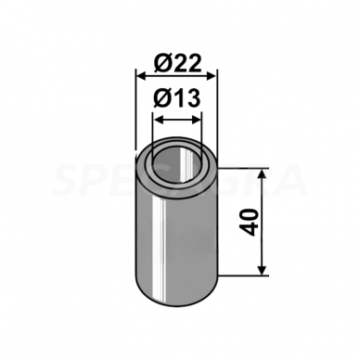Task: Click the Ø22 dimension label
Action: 176,63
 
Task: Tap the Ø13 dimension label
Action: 176,99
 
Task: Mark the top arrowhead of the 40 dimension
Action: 264,174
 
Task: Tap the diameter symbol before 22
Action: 161,63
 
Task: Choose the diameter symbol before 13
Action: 161,99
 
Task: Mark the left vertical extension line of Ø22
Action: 135,111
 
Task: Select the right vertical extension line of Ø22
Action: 215,111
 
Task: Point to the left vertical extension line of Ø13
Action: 153,130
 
